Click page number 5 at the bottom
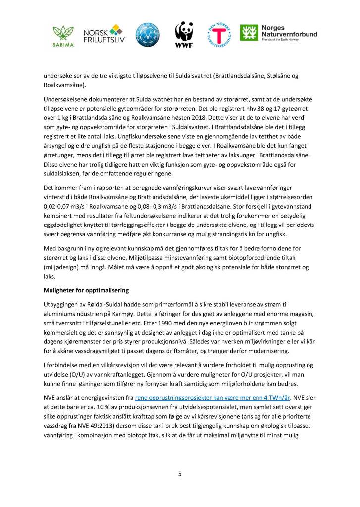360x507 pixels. pos(180,474)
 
